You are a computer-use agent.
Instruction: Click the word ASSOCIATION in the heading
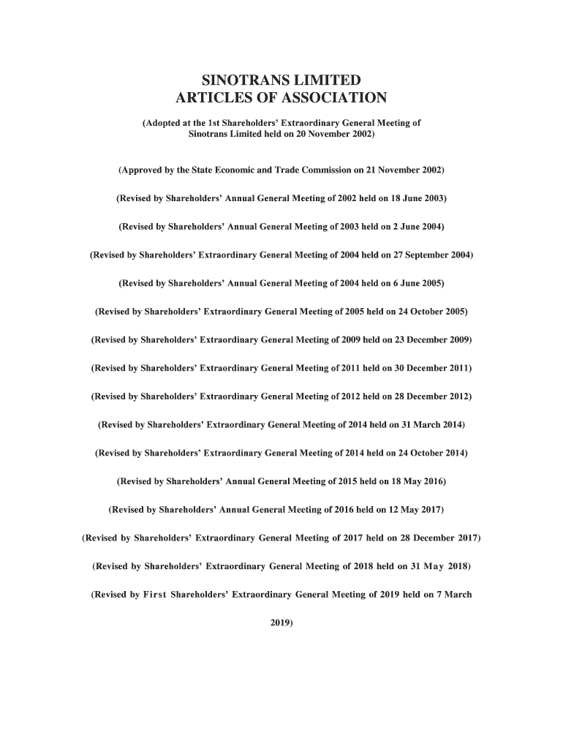point(333,99)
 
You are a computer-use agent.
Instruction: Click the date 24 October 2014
point(431,453)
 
